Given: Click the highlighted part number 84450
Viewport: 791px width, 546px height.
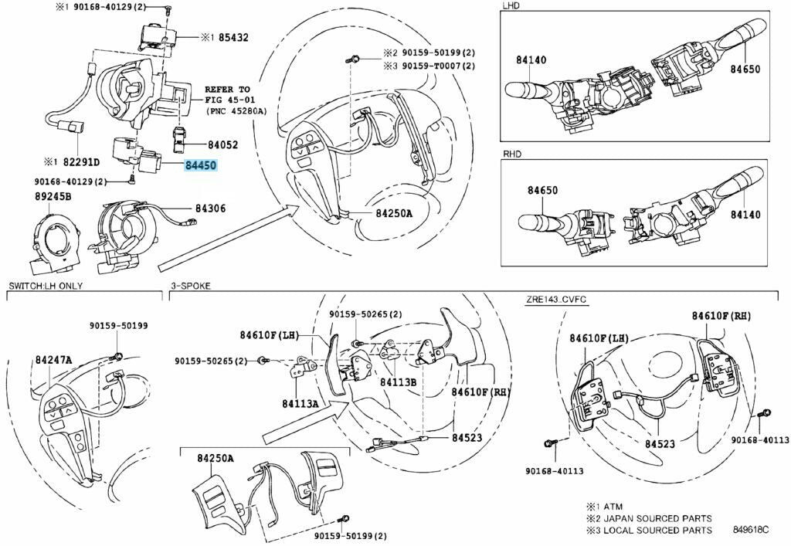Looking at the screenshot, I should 200,165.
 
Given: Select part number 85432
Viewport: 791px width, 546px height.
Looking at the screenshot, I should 233,36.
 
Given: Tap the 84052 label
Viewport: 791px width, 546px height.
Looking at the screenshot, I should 222,144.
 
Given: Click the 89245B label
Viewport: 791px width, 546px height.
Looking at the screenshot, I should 53,196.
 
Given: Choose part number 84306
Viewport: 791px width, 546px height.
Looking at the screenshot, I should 210,209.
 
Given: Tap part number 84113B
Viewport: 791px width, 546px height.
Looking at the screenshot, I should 399,382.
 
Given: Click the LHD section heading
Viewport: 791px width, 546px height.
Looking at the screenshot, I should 511,5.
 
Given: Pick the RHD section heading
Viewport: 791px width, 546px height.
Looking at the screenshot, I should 512,154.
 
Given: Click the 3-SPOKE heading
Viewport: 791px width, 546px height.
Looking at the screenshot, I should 190,286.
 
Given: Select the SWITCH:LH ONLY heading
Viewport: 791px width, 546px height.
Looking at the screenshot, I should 46,286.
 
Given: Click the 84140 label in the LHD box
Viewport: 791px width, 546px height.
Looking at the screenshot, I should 531,59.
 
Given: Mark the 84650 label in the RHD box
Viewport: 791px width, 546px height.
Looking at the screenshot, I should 543,190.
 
